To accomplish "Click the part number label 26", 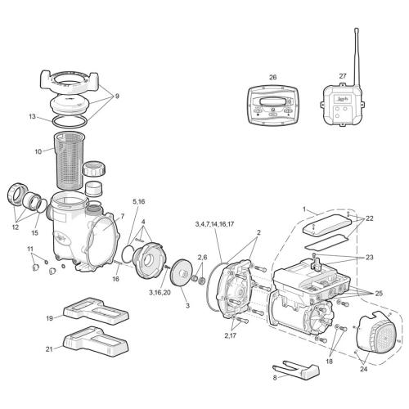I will tap(273, 78).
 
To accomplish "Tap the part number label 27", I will tap(342, 75).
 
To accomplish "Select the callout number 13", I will tap(31, 117).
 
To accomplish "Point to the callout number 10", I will tap(38, 152).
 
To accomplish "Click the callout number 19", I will tap(48, 317).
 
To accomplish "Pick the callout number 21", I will tap(48, 348).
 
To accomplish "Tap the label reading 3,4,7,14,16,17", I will tap(214, 223).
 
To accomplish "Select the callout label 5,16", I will tap(139, 200).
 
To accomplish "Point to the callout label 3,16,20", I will tap(160, 292).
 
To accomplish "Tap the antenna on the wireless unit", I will tap(356, 53).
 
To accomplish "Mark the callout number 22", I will tap(369, 218).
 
